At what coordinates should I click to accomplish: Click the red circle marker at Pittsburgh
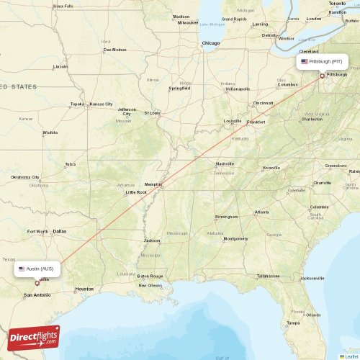[322, 75]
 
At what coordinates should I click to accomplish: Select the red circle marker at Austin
[37, 283]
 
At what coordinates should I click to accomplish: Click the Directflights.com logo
[35, 337]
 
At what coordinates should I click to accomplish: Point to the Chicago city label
[211, 43]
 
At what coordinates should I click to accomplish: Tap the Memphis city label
[153, 184]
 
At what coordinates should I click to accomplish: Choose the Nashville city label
[225, 163]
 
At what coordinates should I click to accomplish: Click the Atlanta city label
[261, 212]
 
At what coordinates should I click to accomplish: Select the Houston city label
[84, 289]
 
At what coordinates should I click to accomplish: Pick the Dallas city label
[59, 231]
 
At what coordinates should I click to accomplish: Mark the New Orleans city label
[150, 285]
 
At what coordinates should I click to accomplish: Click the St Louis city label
[152, 113]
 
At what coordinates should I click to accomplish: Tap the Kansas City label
[101, 104]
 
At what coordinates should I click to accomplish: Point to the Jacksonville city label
[312, 278]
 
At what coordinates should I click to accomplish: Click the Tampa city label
[293, 323]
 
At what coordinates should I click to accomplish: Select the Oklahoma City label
[25, 176]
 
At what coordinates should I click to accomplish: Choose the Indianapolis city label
[238, 89]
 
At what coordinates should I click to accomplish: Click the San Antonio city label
[37, 295]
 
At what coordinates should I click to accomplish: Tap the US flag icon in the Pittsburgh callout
[305, 62]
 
